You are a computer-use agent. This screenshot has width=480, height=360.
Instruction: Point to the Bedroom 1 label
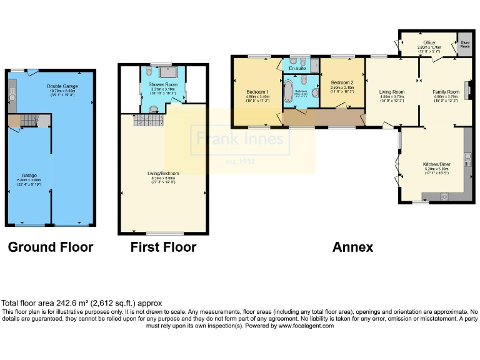click(x=257, y=92)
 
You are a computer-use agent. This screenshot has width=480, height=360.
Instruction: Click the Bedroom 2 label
click(x=342, y=82)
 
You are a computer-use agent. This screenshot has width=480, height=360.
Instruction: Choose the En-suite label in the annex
click(x=297, y=67)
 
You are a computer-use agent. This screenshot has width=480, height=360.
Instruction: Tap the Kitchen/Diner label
click(x=437, y=164)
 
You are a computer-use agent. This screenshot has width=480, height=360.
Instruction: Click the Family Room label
click(x=446, y=92)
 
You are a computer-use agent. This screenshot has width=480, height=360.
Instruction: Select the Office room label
click(x=429, y=42)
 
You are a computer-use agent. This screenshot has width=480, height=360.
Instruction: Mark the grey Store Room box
click(x=464, y=45)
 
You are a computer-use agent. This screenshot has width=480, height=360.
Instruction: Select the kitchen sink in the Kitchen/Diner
click(x=467, y=159)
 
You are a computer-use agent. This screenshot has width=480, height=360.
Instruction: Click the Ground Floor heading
click(x=51, y=247)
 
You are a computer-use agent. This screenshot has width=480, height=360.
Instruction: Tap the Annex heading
click(x=352, y=247)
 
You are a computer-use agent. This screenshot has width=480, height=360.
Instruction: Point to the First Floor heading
click(x=163, y=247)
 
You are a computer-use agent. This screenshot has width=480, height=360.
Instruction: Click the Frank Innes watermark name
click(x=241, y=137)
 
